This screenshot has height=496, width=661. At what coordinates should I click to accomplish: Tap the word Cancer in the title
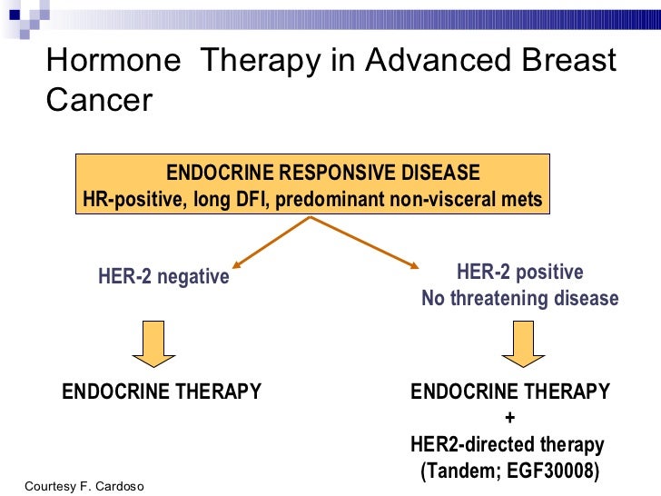coord(99,99)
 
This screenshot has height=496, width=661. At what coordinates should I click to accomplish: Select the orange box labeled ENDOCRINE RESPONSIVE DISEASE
coord(312,185)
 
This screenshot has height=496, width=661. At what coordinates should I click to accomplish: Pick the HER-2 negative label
coord(163,277)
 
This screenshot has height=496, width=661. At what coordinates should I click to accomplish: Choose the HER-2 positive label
coord(519,273)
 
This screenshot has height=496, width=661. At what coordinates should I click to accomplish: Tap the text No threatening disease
coord(519,299)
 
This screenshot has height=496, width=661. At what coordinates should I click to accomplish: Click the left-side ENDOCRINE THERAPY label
coord(162,392)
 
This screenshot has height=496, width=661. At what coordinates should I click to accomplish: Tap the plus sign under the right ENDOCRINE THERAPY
coord(509,419)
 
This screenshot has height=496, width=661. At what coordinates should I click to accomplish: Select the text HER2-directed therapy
coord(508,445)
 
